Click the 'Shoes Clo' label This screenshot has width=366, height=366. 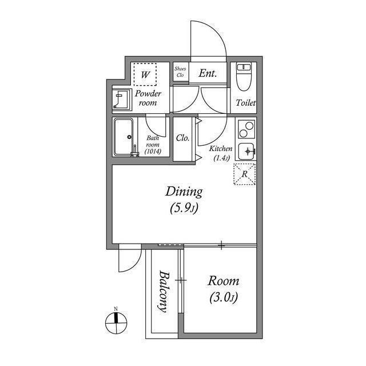pyautogui.click(x=180, y=72)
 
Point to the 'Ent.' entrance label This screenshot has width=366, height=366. pyautogui.click(x=207, y=73)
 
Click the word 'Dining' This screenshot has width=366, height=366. pyautogui.click(x=184, y=192)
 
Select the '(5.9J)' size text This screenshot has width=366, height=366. pyautogui.click(x=184, y=209)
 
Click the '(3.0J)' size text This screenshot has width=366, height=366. pyautogui.click(x=223, y=298)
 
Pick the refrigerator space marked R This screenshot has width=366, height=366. pyautogui.click(x=245, y=174)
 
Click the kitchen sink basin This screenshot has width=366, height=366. pyautogui.click(x=247, y=150)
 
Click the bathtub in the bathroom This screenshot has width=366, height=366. pyautogui.click(x=124, y=137)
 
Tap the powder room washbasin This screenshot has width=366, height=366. pyautogui.click(x=121, y=100)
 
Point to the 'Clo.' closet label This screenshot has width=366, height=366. pyautogui.click(x=183, y=138)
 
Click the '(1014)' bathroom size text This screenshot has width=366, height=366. pyautogui.click(x=153, y=152)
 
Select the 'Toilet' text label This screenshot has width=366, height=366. pyautogui.click(x=246, y=104)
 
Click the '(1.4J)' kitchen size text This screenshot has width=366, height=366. pyautogui.click(x=221, y=158)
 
